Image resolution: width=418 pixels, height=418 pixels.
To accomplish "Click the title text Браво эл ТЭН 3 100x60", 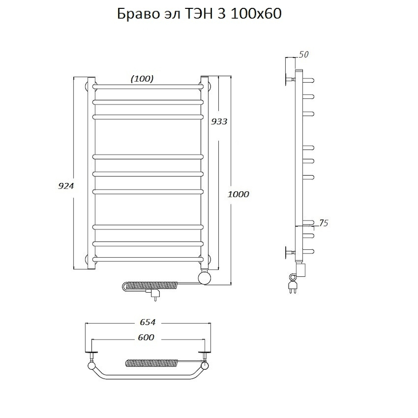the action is pos(199,13).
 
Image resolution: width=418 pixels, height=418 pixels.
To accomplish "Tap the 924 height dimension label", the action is pos(66,186).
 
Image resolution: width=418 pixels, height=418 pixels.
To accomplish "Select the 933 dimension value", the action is pos(219,122).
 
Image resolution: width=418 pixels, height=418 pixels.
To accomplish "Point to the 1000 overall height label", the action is pos(238,194).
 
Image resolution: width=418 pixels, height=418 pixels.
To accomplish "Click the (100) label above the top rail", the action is pos(142,78).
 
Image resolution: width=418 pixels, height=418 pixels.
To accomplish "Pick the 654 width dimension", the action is pos(147,322).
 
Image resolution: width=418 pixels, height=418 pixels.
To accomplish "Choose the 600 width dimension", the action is pos(146,338).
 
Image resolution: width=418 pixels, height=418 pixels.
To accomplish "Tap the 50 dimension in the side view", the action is pos(303,54).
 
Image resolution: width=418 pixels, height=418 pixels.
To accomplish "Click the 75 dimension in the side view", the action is pos(323,223).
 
